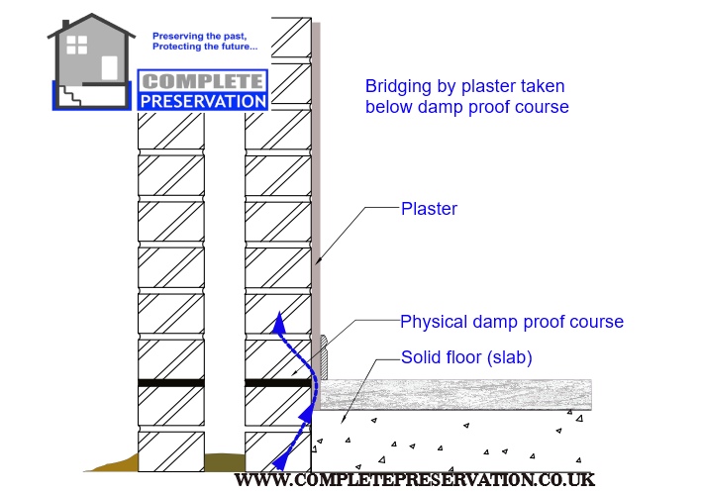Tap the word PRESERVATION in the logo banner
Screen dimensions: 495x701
pyautogui.click(x=203, y=100)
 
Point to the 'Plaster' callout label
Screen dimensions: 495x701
pyautogui.click(x=429, y=209)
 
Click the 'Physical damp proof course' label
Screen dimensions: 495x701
pyautogui.click(x=511, y=322)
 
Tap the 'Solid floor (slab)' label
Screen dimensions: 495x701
pyautogui.click(x=466, y=357)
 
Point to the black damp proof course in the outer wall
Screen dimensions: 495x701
pyautogui.click(x=170, y=382)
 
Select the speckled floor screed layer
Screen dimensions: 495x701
pyautogui.click(x=455, y=394)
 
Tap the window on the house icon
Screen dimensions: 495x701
pyautogui.click(x=76, y=45)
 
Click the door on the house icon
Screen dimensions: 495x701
pyautogui.click(x=109, y=66)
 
